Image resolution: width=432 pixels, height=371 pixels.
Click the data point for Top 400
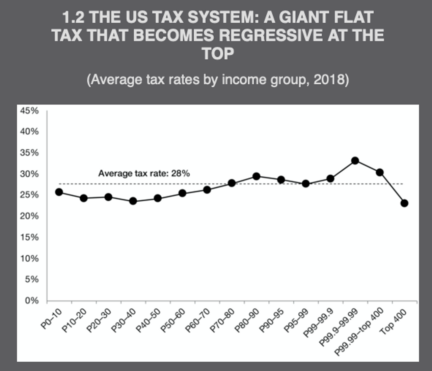point(404,203)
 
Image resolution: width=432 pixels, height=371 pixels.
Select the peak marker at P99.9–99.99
point(355,161)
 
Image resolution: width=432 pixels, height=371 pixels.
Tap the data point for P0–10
point(59,192)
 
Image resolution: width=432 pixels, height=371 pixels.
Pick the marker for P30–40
point(133,201)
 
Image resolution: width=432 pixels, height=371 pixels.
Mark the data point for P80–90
point(256,176)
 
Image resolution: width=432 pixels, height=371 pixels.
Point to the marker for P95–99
point(306,183)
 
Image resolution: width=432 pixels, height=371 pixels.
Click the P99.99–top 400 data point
point(380,172)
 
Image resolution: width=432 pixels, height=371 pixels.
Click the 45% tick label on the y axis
point(29,111)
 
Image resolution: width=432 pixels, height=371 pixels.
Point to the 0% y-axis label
point(32,301)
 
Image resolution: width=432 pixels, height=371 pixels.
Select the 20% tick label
point(29,216)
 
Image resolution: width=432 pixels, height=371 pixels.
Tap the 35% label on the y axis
point(29,153)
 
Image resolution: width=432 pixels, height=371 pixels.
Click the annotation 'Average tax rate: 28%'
point(144,173)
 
